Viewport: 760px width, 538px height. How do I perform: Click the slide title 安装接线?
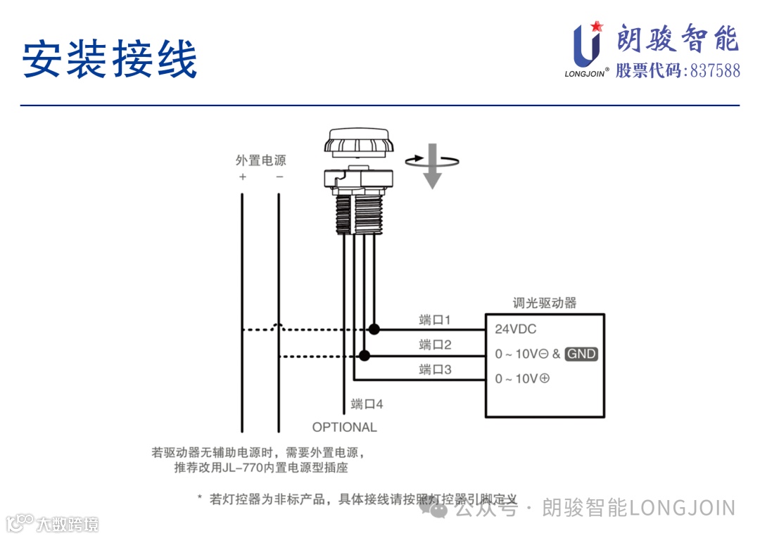pyautogui.click(x=110, y=59)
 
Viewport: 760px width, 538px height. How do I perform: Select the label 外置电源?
pyautogui.click(x=260, y=160)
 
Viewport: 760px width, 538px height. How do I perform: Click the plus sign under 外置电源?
pyautogui.click(x=243, y=177)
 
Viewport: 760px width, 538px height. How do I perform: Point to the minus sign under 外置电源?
pyautogui.click(x=279, y=177)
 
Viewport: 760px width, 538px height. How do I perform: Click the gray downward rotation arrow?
pyautogui.click(x=432, y=167)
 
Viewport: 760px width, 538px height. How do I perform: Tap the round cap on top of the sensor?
pyautogui.click(x=358, y=142)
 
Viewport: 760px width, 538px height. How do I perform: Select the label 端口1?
pyautogui.click(x=434, y=321)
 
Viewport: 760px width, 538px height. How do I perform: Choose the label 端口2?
pyautogui.click(x=434, y=345)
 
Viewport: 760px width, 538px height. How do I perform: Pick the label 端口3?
pyautogui.click(x=434, y=369)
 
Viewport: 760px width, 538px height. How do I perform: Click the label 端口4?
pyautogui.click(x=367, y=404)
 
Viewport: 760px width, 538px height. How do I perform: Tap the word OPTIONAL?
pyautogui.click(x=344, y=427)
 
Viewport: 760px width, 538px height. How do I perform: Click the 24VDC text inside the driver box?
pyautogui.click(x=516, y=329)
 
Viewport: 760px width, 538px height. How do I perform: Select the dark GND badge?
pyautogui.click(x=581, y=354)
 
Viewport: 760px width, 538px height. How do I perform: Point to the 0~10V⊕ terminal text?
pyautogui.click(x=522, y=378)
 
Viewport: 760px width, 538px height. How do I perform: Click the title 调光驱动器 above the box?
pyautogui.click(x=545, y=303)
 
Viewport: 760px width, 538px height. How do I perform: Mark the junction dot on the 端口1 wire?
pyautogui.click(x=374, y=329)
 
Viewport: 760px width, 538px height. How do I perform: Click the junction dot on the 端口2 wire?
pyautogui.click(x=364, y=354)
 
